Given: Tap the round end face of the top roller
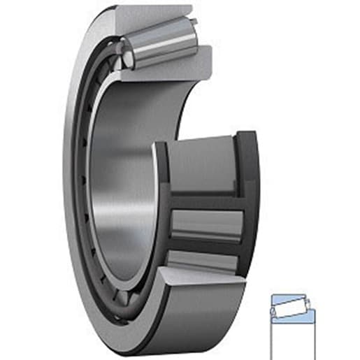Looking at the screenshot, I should (125, 53).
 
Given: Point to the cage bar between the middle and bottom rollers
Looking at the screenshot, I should (206, 245).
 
